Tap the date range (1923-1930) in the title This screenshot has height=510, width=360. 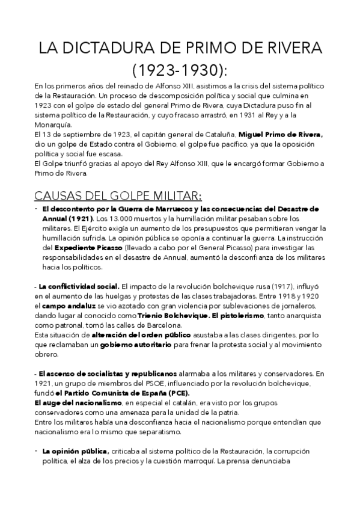coord(180,72)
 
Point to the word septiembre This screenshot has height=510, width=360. coord(76,135)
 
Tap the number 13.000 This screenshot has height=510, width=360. coord(121,218)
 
